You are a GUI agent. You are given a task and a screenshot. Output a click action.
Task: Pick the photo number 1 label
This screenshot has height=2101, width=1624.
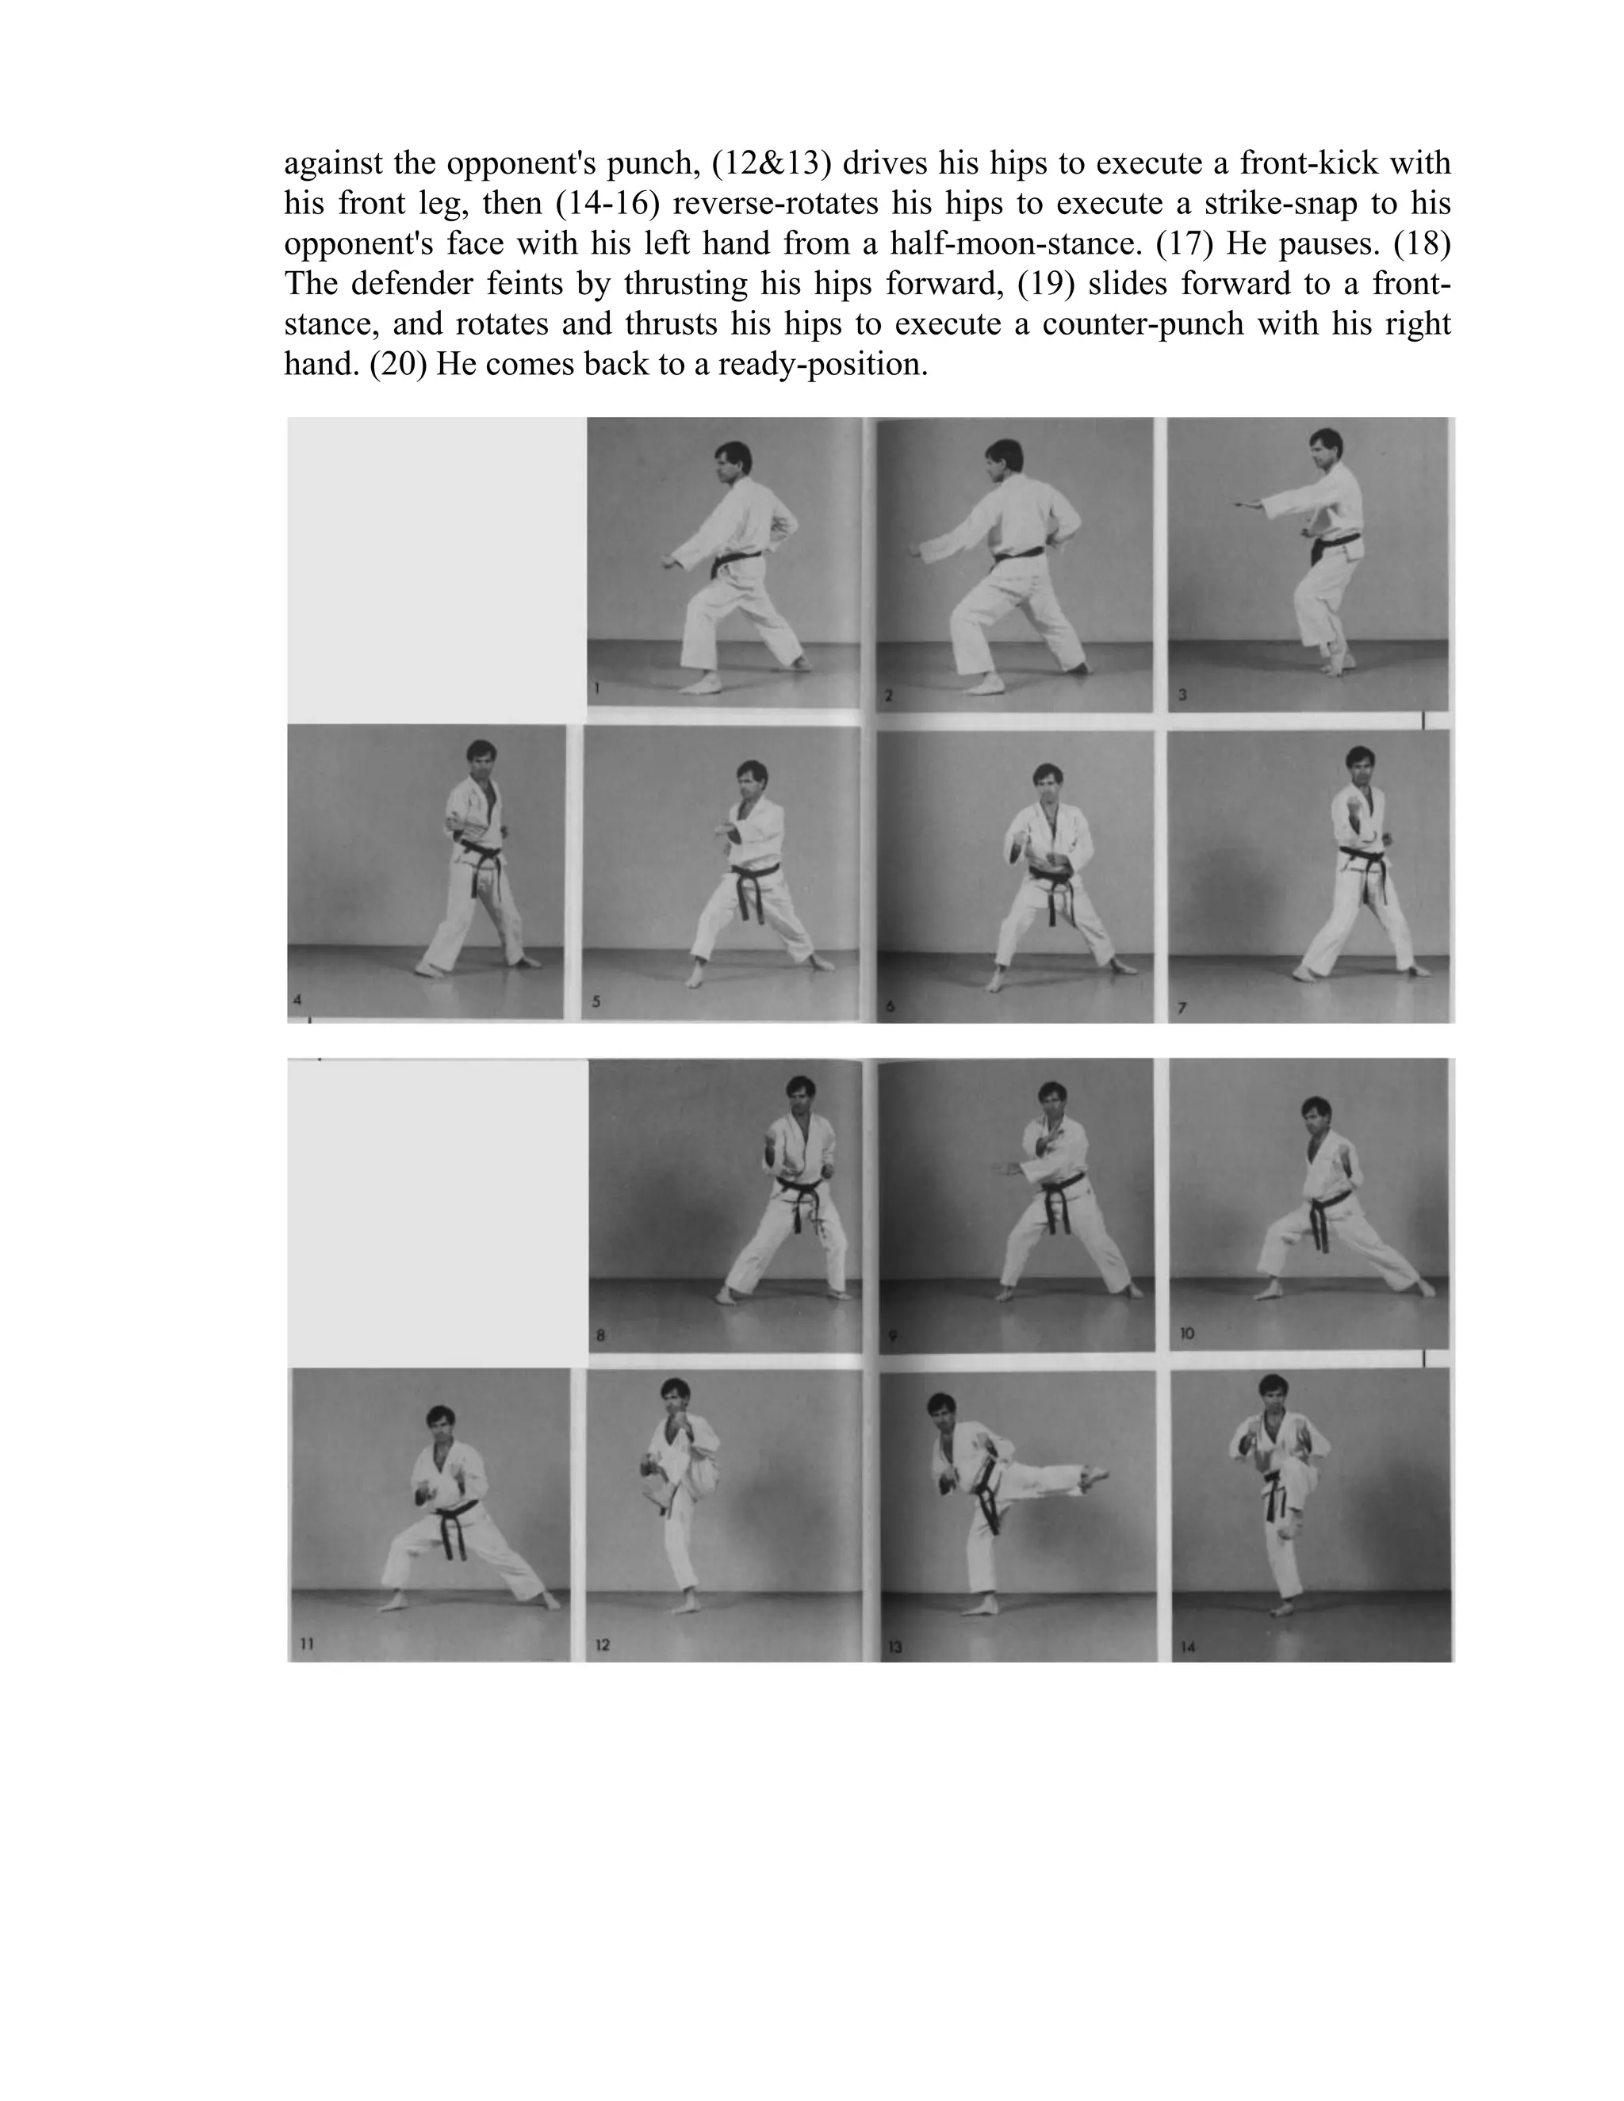pyautogui.click(x=597, y=689)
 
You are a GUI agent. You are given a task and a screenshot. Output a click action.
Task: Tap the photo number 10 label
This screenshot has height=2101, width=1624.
pyautogui.click(x=1186, y=1334)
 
